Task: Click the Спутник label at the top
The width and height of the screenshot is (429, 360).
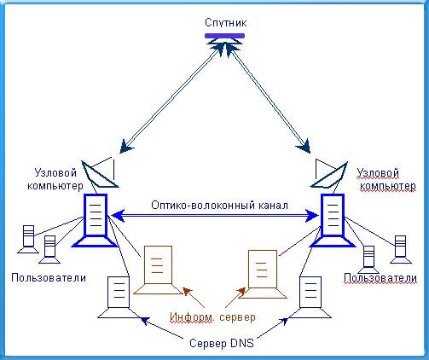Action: (x=226, y=23)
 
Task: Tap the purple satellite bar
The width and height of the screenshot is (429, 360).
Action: (x=224, y=36)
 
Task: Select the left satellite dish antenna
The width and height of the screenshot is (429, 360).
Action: (x=100, y=173)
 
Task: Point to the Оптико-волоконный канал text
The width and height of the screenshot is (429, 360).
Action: (x=219, y=206)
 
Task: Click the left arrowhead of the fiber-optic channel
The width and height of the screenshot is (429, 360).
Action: (x=118, y=216)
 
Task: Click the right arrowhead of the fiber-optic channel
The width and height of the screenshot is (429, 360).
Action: (x=312, y=216)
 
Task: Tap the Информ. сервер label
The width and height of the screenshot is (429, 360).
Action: (x=212, y=317)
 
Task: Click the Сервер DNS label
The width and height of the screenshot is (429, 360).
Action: (x=222, y=343)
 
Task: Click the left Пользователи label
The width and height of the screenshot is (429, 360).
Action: (x=49, y=277)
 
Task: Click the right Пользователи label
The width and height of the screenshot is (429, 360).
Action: (x=380, y=278)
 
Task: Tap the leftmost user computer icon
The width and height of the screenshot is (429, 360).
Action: (x=28, y=239)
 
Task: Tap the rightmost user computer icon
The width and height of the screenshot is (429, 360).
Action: (x=401, y=249)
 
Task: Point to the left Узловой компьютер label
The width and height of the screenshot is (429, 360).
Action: (x=55, y=179)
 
